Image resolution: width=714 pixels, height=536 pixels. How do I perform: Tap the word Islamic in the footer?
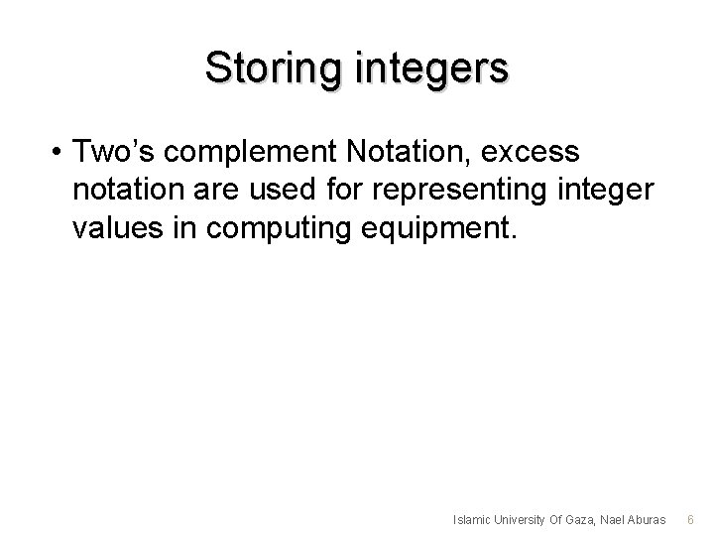point(471,519)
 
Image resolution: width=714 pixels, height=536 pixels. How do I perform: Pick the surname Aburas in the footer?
point(649,519)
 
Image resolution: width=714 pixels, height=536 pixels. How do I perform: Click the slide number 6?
point(691,519)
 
